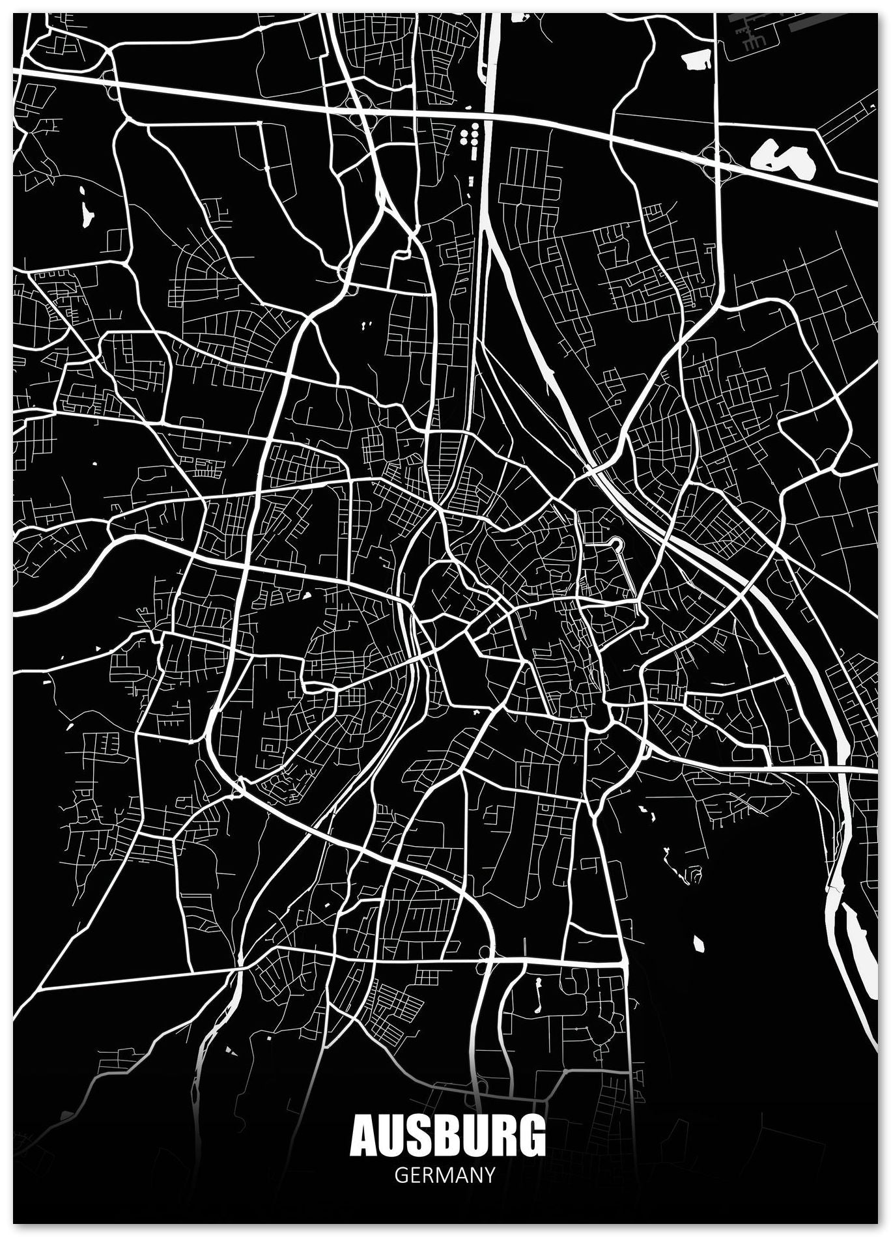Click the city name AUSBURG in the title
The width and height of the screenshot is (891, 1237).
[x=447, y=1136]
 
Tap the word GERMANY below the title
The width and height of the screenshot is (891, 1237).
[x=445, y=1174]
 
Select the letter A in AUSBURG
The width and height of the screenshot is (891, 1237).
[x=365, y=1136]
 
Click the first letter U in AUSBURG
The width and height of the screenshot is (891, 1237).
[x=393, y=1136]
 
